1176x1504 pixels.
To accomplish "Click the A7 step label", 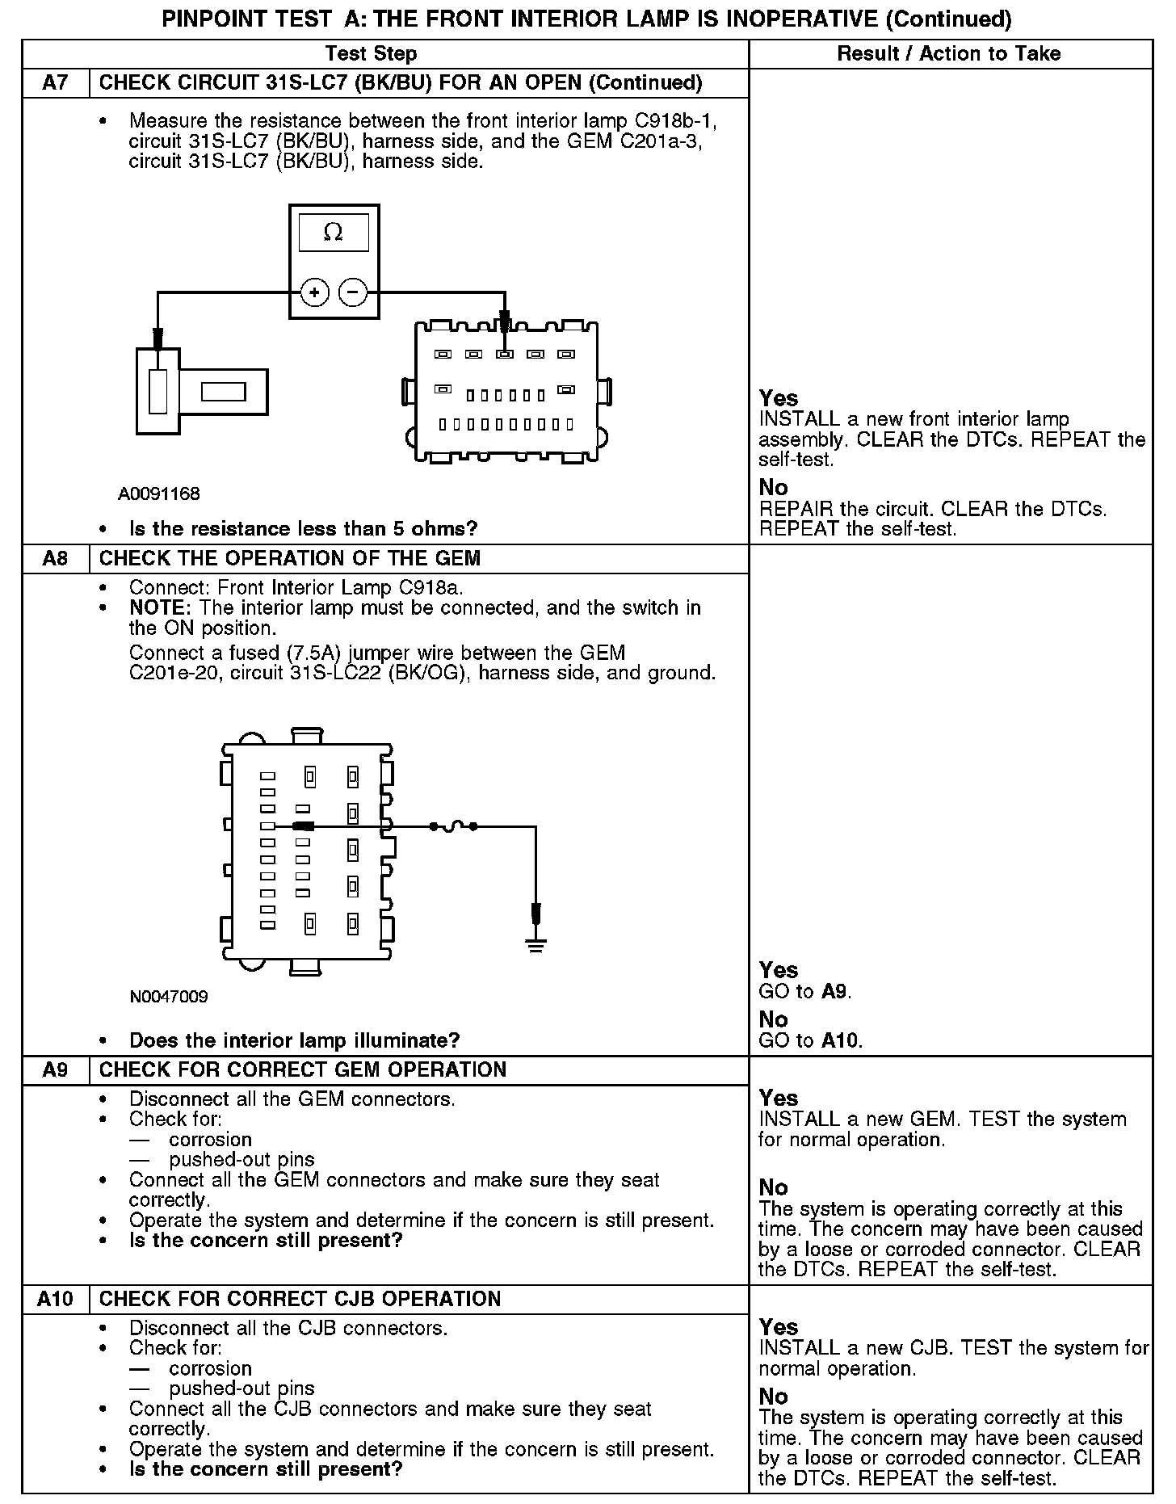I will (55, 83).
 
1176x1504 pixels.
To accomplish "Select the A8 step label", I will (55, 559).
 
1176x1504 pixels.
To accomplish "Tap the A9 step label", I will (55, 1070).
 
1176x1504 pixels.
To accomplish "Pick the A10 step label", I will (55, 1299).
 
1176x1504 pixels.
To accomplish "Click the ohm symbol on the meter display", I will (333, 233).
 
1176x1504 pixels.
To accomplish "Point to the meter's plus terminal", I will (315, 292).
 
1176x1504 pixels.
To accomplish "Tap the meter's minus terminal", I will (353, 292).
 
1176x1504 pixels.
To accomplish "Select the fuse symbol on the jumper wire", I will (454, 826).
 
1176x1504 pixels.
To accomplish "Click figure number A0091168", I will (159, 494).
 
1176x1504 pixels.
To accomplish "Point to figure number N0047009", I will (169, 997).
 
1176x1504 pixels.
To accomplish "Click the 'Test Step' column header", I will (371, 54).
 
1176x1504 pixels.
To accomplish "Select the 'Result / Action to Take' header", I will (949, 54).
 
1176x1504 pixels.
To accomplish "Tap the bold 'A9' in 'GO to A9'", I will (835, 992).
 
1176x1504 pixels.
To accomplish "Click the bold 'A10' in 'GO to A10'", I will (841, 1040).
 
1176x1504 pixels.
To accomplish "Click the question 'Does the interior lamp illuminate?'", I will (294, 1040).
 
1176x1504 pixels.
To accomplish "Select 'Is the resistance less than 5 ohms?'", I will (304, 529).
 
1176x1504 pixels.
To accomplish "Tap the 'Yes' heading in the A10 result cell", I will (779, 1327).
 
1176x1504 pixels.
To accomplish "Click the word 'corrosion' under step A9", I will (210, 1140).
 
